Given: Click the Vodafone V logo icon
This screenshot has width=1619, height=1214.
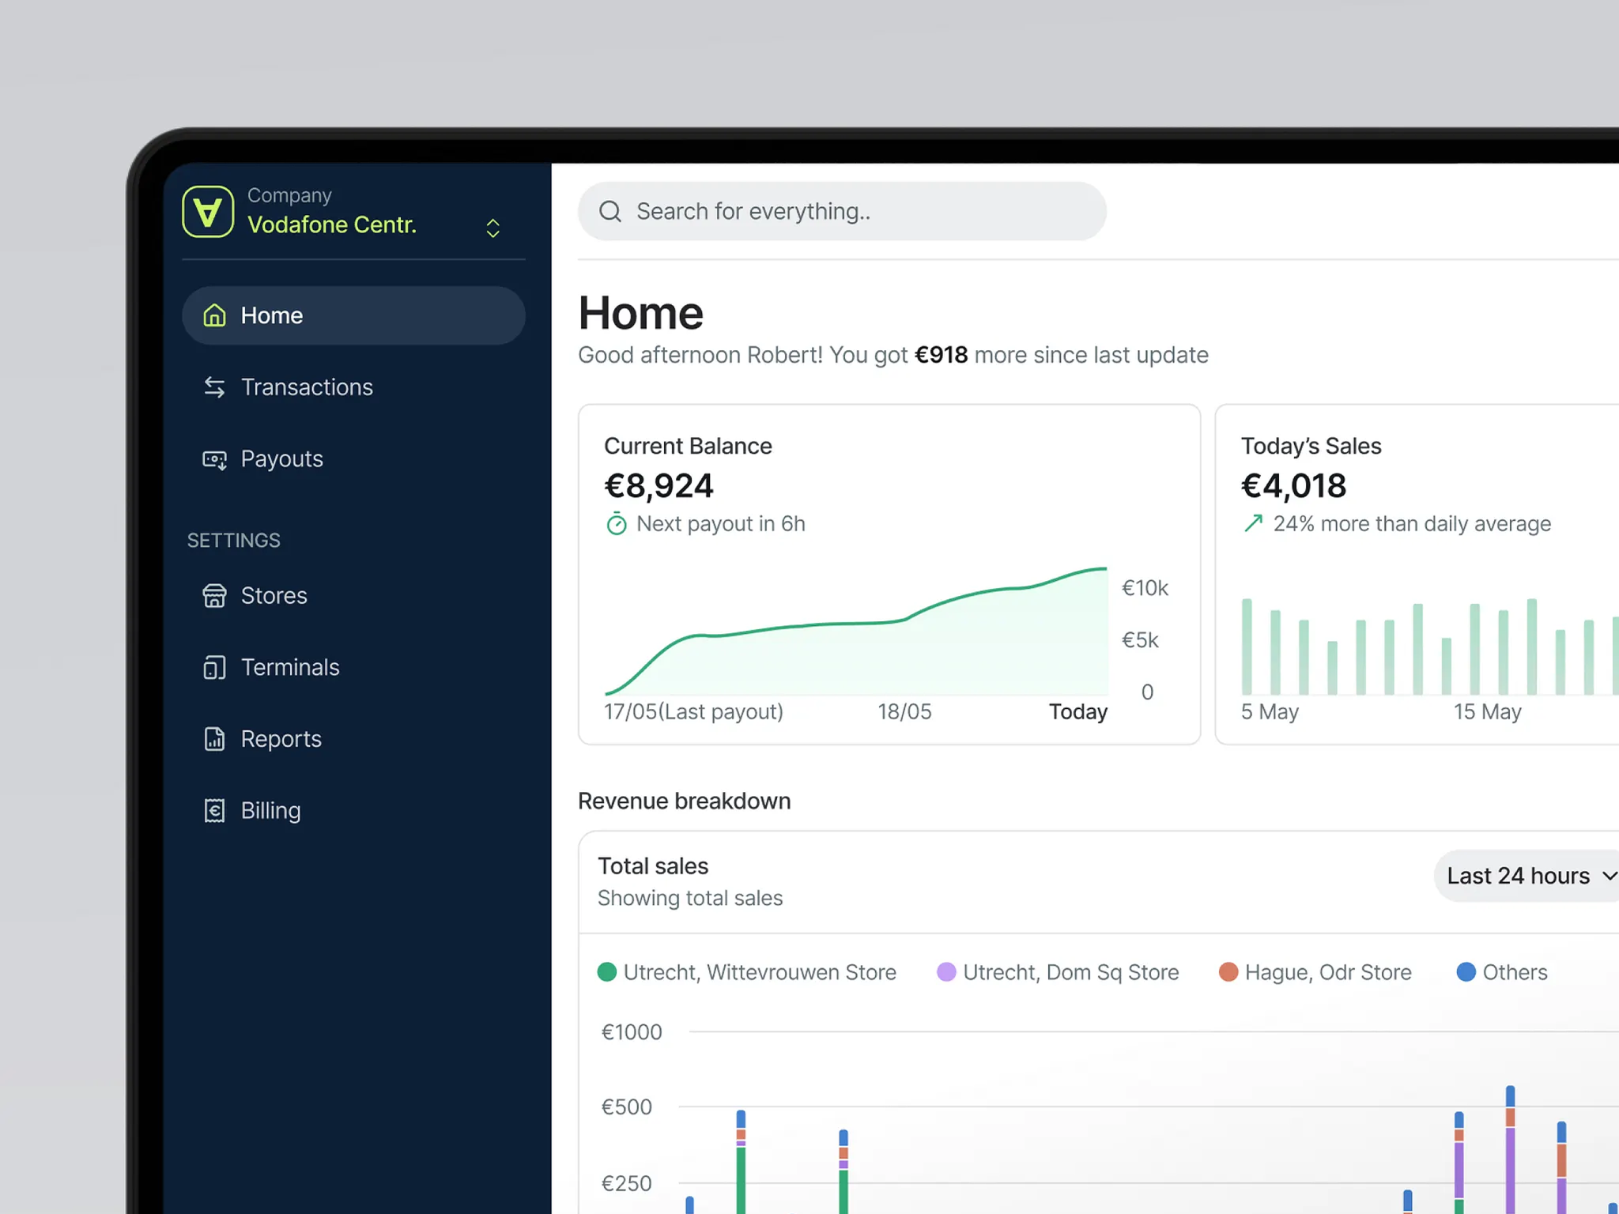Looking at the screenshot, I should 208,212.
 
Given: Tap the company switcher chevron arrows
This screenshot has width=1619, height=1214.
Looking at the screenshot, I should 492,228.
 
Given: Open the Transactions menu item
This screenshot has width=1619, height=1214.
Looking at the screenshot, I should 306,387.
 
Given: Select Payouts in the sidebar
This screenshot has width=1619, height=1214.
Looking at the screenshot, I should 281,459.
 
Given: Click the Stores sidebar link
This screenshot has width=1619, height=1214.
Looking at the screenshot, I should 274,596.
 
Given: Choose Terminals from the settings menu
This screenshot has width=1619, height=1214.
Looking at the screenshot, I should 289,668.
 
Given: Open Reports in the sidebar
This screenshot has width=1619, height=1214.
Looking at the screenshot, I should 281,739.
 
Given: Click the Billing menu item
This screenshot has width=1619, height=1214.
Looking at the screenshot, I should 270,811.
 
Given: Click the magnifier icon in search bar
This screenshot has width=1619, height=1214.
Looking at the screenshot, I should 609,212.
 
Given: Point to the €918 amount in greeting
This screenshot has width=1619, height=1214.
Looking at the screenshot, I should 941,355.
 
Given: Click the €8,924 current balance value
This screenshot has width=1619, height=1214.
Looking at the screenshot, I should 659,486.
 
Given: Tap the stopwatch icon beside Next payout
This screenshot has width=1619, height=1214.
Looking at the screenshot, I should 617,524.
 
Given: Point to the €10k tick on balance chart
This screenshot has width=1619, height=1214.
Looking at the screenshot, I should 1144,588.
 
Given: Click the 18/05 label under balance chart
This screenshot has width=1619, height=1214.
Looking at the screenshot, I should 904,712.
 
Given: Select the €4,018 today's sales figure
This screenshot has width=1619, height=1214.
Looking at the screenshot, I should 1293,486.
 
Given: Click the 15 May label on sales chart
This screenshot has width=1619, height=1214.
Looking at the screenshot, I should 1487,712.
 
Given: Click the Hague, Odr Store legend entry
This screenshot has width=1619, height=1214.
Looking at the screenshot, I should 1315,972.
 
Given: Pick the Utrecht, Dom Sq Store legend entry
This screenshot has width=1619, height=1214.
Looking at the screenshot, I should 1058,972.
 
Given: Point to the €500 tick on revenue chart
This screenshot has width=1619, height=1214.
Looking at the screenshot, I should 627,1107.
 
